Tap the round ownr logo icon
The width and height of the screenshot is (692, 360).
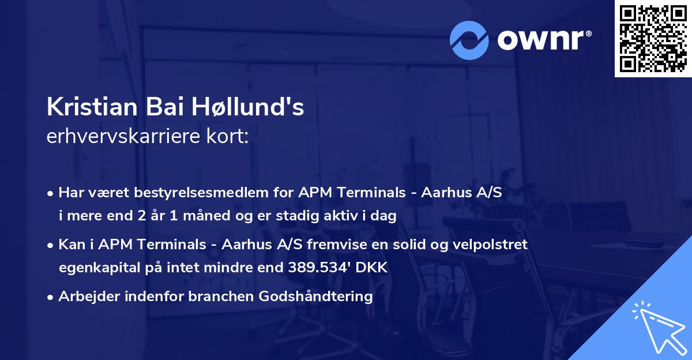coord(470,40)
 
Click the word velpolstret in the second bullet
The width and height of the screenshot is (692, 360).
coord(495,245)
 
